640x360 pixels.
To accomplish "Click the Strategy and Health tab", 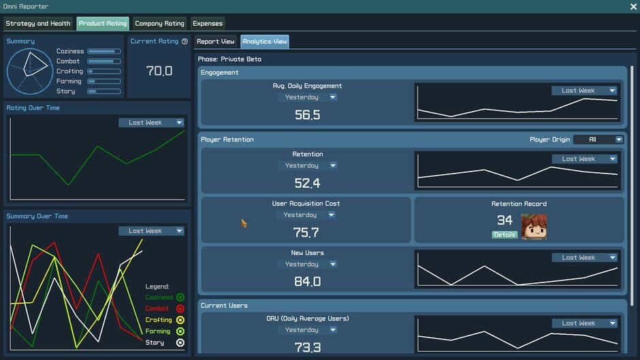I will (38, 23).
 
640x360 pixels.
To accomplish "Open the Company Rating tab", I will (159, 23).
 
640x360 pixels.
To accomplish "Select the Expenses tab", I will (208, 23).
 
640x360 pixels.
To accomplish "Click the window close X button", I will (633, 6).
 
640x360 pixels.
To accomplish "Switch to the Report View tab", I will (216, 42).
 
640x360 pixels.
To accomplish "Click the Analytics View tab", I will (265, 42).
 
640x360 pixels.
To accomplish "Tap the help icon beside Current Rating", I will (185, 42).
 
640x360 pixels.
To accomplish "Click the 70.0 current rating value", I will (159, 70).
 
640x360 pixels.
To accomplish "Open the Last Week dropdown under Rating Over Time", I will (151, 122).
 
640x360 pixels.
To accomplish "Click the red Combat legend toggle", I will (180, 308).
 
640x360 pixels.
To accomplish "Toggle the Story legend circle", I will (180, 342).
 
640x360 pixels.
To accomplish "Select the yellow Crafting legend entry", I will (159, 320).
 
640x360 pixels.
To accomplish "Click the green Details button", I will (505, 235).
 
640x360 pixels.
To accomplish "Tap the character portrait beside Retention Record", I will (534, 227).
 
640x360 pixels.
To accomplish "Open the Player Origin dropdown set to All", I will (598, 140).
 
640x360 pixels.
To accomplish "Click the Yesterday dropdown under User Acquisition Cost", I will (306, 215).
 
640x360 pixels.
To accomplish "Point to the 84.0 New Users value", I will (306, 281).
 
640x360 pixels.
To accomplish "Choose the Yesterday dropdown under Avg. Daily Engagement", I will (308, 97).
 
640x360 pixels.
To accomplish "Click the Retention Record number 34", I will (505, 220).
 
